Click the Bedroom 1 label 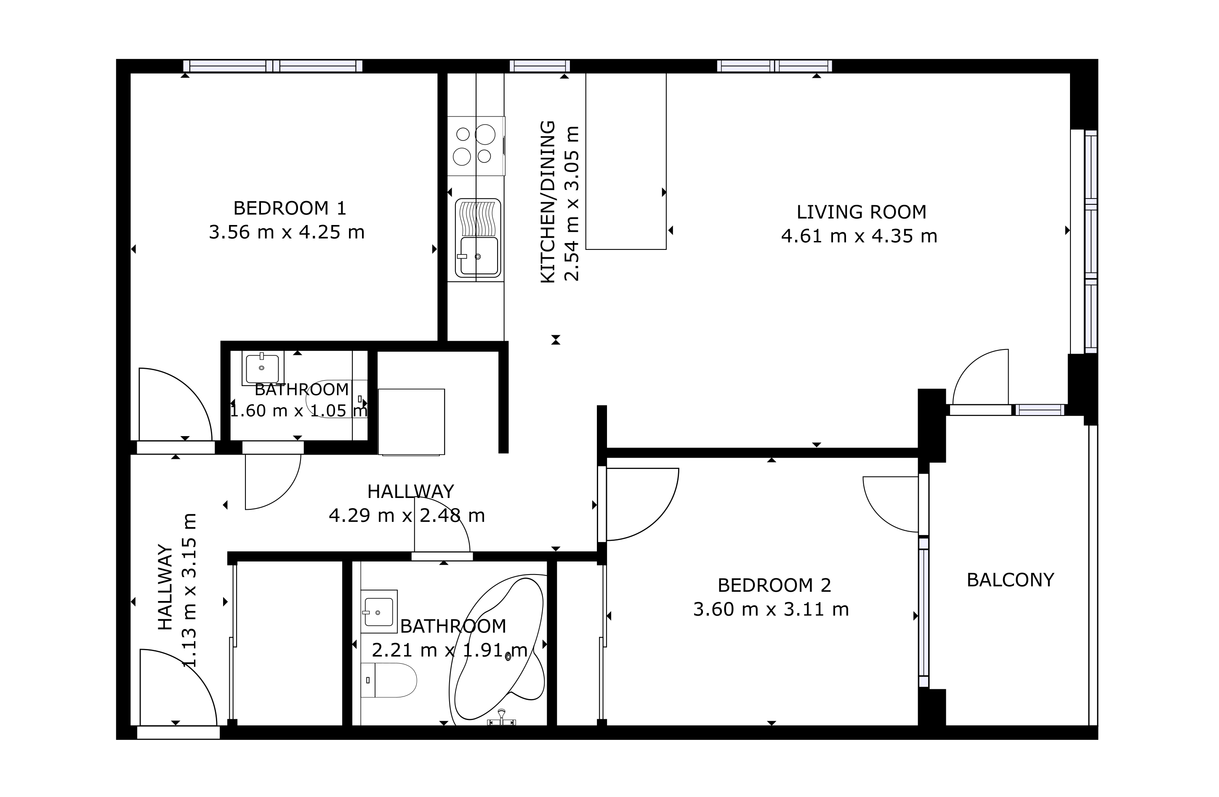290,208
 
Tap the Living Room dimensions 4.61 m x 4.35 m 859,236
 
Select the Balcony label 1011,580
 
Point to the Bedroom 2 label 775,585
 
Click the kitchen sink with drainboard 478,238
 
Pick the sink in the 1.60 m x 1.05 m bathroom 263,368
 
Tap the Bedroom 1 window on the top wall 273,66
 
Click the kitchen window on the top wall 540,66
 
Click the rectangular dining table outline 626,161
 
